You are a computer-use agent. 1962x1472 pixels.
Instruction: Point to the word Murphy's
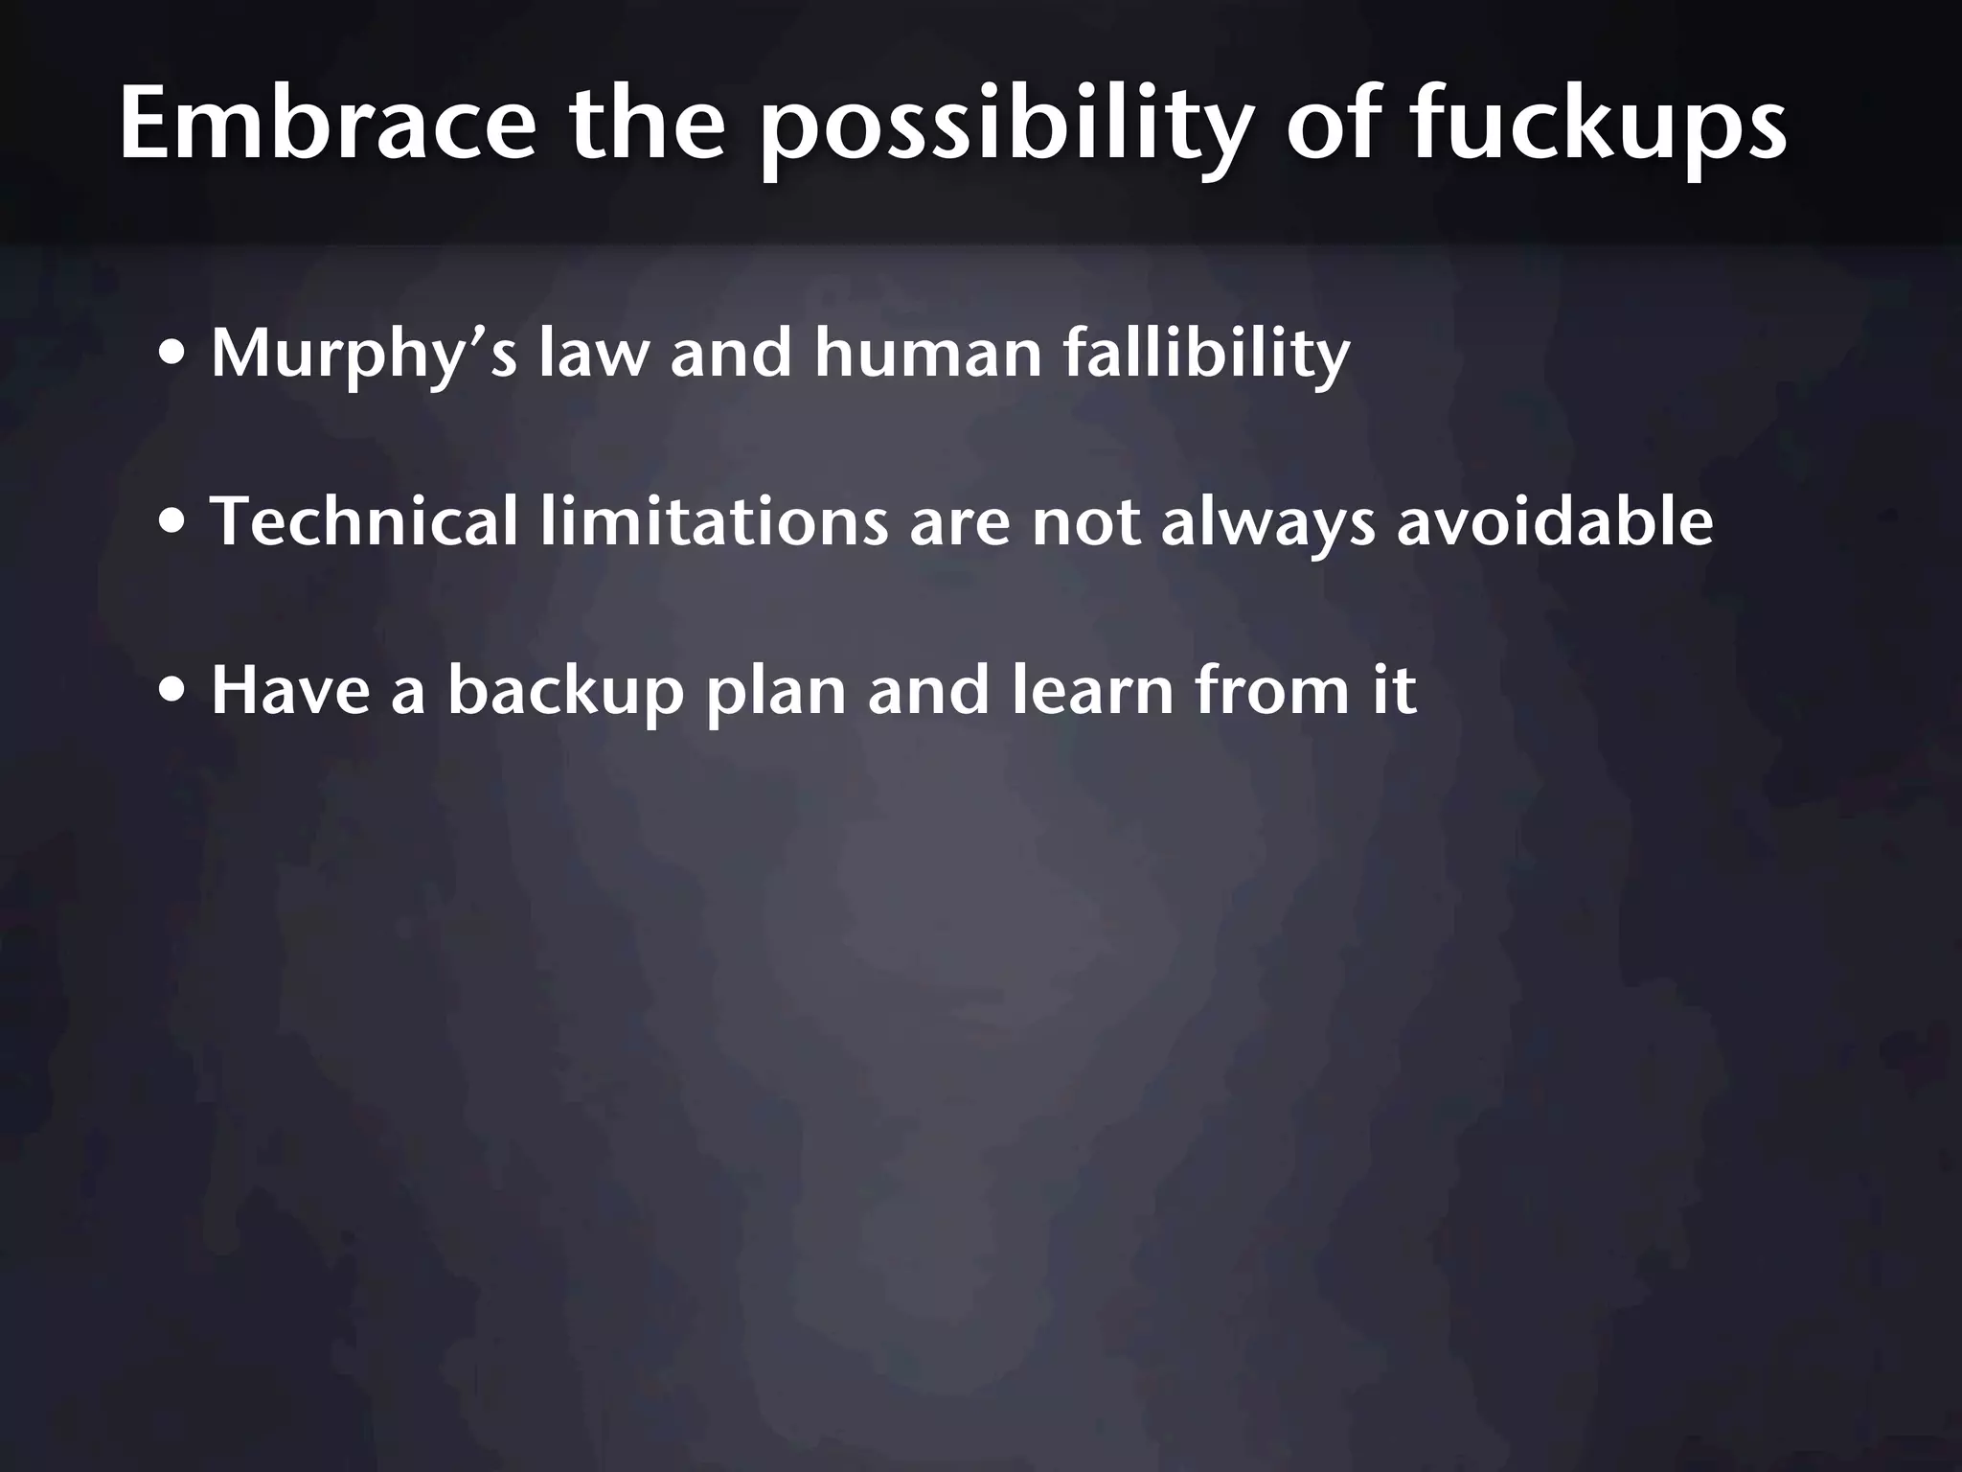click(364, 355)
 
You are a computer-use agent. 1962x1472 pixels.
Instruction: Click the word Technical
click(364, 521)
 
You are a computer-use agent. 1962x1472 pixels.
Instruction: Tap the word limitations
click(714, 521)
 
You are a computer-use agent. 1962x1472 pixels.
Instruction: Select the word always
click(1267, 523)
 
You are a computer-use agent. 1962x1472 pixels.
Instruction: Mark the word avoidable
click(1554, 521)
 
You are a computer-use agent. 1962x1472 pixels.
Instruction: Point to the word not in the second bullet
click(1085, 523)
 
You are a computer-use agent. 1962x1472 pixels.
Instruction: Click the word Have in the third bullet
click(290, 689)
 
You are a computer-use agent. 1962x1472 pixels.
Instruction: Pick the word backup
click(565, 691)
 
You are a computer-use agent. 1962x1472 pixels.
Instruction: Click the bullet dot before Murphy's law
click(173, 355)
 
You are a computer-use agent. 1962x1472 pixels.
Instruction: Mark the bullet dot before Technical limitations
click(173, 523)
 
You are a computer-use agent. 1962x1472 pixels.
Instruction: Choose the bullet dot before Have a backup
click(173, 691)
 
